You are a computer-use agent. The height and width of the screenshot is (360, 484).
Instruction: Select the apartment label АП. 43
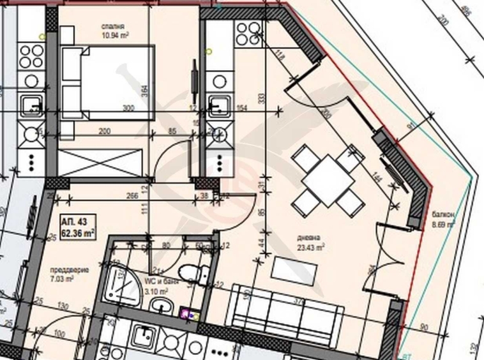coord(73,221)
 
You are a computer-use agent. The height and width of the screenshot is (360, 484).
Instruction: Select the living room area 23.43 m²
coord(310,247)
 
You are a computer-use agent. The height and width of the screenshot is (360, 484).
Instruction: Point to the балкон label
coord(442,215)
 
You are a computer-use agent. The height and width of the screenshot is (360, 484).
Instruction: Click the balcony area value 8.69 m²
coord(442,225)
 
